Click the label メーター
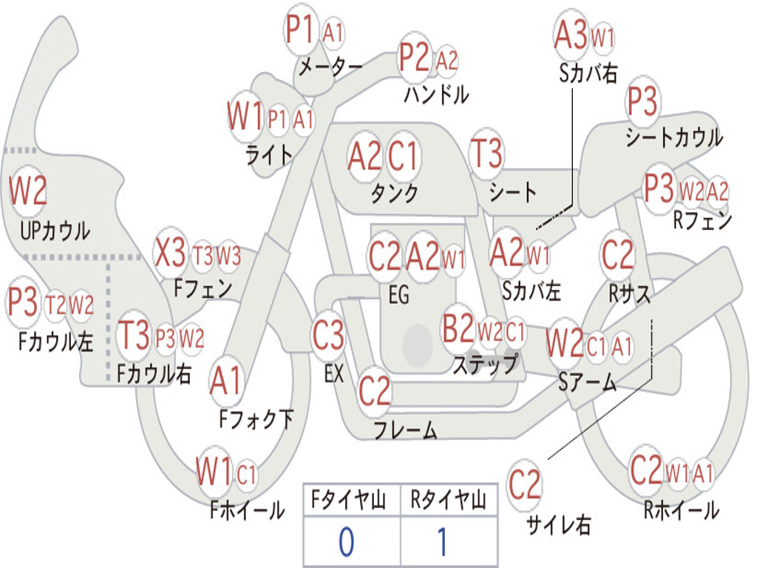(330, 66)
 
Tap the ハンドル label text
(436, 94)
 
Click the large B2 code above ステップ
(458, 328)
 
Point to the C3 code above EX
(328, 335)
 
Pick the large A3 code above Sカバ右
(571, 35)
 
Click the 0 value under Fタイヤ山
(346, 541)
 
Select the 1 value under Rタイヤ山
(443, 541)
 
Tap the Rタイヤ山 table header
(448, 499)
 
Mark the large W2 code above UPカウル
(27, 190)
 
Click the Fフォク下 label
(256, 419)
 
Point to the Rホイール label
(681, 510)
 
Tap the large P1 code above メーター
(300, 29)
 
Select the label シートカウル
(674, 137)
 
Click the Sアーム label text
(587, 382)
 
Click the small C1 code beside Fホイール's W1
(246, 474)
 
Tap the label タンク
(394, 193)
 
